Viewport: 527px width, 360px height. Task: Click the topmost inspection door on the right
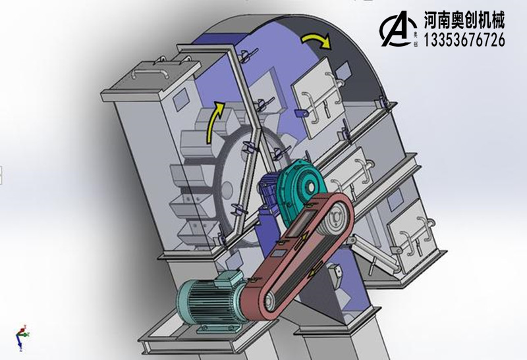click(x=316, y=95)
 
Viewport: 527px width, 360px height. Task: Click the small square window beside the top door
click(x=344, y=68)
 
